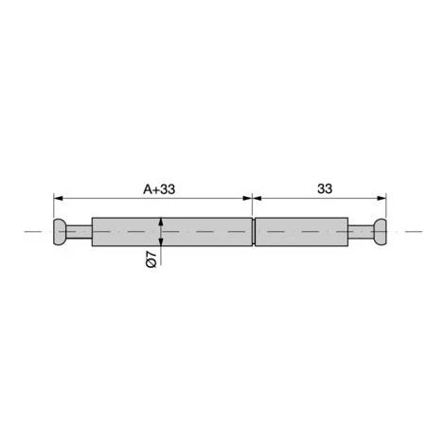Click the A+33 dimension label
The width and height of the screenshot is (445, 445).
(159, 189)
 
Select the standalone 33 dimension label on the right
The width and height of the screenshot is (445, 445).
(325, 188)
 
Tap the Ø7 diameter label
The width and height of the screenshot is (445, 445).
(151, 258)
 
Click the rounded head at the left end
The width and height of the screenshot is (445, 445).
(60, 232)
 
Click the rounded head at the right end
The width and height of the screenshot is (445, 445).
(380, 232)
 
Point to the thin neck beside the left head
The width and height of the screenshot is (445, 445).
(80, 232)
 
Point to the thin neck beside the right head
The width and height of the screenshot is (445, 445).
(362, 232)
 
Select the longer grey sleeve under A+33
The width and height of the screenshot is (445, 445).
(172, 232)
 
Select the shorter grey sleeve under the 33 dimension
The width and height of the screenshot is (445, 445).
(302, 232)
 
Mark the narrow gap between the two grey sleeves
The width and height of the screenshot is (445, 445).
(254, 232)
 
